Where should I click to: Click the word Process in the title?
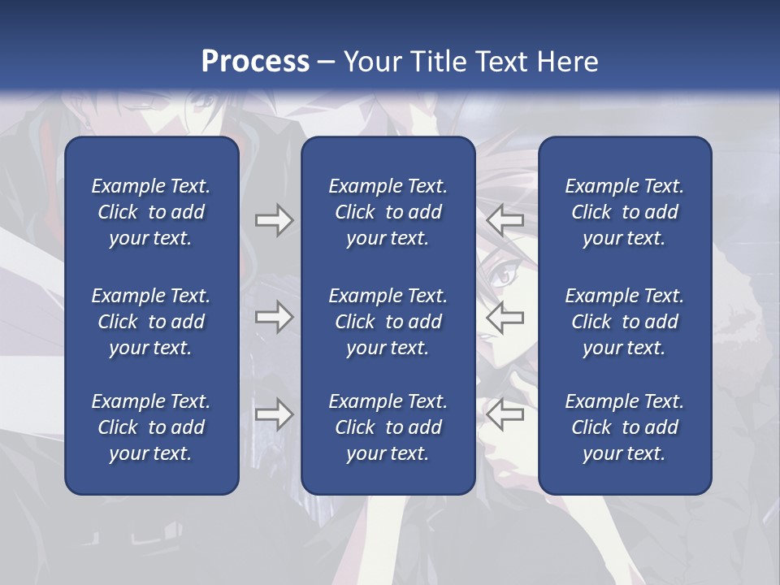point(255,62)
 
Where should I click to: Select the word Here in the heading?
point(567,62)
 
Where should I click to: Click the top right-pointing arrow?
point(274,220)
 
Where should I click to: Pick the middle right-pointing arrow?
point(274,317)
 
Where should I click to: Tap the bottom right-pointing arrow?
point(274,414)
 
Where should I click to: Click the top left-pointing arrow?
point(505,220)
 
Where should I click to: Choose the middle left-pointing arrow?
point(505,317)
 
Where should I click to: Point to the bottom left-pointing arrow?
point(505,414)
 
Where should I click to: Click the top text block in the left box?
point(151,212)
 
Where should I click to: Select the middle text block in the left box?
point(151,322)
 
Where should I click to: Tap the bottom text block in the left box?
point(151,427)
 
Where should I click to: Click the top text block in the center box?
point(388,212)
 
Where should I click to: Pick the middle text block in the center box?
point(388,322)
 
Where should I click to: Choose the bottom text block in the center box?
point(388,427)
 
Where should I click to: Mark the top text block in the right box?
point(624,212)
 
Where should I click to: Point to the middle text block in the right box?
point(624,322)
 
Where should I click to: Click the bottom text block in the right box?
point(624,427)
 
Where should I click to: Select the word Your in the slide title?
point(375,62)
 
